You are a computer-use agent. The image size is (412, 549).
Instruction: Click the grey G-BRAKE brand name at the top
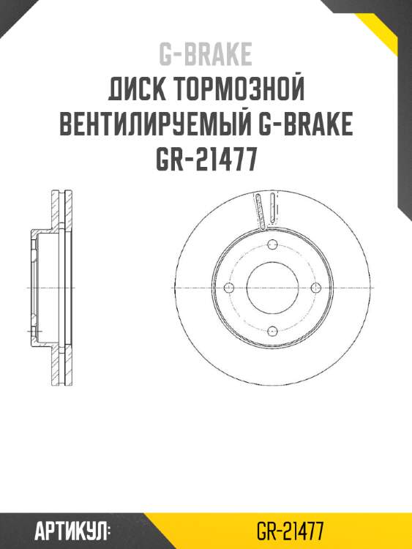point(206,54)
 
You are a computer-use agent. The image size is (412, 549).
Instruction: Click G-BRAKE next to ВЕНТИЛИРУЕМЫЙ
point(307,125)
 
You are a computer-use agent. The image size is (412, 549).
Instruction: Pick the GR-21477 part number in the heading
point(206,160)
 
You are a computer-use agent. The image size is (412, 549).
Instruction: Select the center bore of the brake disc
point(271,288)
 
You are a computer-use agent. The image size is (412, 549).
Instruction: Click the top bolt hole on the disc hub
point(271,244)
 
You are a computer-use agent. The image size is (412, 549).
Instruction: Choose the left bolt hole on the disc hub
point(228,288)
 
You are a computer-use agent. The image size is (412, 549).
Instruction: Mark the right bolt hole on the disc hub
point(315,288)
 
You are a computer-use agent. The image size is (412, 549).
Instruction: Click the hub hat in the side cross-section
point(37,288)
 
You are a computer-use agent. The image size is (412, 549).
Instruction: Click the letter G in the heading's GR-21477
point(162,160)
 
